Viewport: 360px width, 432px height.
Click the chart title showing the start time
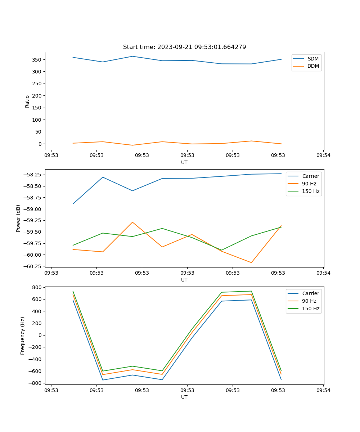pos(184,47)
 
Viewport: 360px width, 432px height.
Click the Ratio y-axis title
pos(27,102)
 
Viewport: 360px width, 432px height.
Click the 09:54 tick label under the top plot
pos(323,156)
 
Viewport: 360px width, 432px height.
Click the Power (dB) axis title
pos(18,218)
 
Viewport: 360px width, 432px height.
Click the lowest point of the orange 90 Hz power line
pos(251,262)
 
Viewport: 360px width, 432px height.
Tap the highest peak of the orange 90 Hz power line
pos(132,222)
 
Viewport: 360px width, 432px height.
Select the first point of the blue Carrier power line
pos(73,204)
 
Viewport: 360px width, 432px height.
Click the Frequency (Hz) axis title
pos(23,336)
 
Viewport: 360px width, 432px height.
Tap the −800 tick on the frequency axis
pos(36,383)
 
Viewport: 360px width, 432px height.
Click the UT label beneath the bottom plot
pos(184,397)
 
